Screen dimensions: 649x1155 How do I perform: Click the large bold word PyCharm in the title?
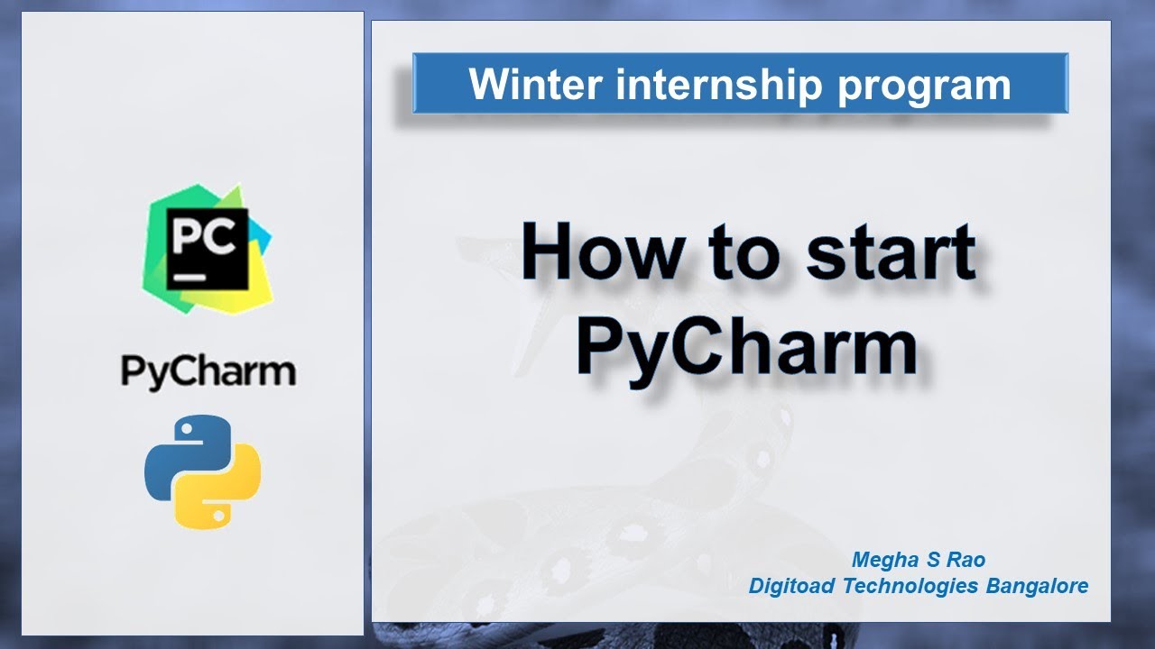pos(747,348)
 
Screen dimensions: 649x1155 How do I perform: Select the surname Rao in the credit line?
pos(966,560)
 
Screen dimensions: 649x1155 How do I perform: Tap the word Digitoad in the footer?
pos(792,586)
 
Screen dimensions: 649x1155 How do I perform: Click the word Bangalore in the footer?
pos(1038,586)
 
